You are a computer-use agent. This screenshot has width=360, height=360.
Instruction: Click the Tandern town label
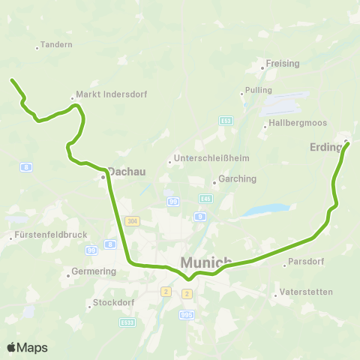[58, 45]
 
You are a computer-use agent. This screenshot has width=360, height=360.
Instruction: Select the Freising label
[283, 64]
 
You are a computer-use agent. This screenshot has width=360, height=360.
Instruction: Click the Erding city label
[325, 147]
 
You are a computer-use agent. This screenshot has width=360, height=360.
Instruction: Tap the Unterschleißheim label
[211, 158]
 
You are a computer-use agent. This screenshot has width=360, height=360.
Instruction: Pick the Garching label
[237, 179]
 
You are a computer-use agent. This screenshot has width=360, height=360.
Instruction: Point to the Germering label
[92, 271]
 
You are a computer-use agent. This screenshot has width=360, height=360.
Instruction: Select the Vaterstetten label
[305, 291]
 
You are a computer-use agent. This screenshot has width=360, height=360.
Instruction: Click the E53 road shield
[226, 120]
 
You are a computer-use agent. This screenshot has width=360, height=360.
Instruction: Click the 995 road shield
[187, 315]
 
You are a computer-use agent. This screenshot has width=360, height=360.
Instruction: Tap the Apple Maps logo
[27, 347]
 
